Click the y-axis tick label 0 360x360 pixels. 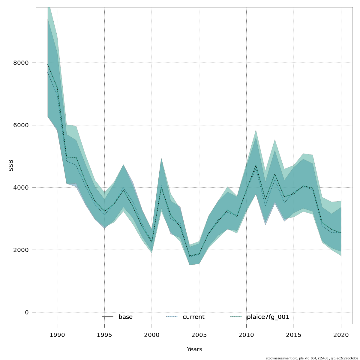point(27,313)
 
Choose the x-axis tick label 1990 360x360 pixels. point(57,335)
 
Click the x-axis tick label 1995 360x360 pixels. point(104,335)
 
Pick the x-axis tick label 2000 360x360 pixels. point(152,335)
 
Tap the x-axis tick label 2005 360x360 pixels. point(199,335)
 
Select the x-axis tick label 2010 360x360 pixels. point(246,335)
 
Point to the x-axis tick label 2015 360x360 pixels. point(294,335)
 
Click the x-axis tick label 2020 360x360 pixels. point(341,335)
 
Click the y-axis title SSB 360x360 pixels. point(11,166)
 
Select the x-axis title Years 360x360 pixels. point(194,349)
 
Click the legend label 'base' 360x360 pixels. point(125,317)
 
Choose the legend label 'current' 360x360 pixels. point(193,317)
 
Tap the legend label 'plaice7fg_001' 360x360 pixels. point(268,317)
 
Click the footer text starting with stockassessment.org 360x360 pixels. point(312,358)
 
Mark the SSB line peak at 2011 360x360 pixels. point(256,165)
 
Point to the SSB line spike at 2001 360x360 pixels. point(161,187)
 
